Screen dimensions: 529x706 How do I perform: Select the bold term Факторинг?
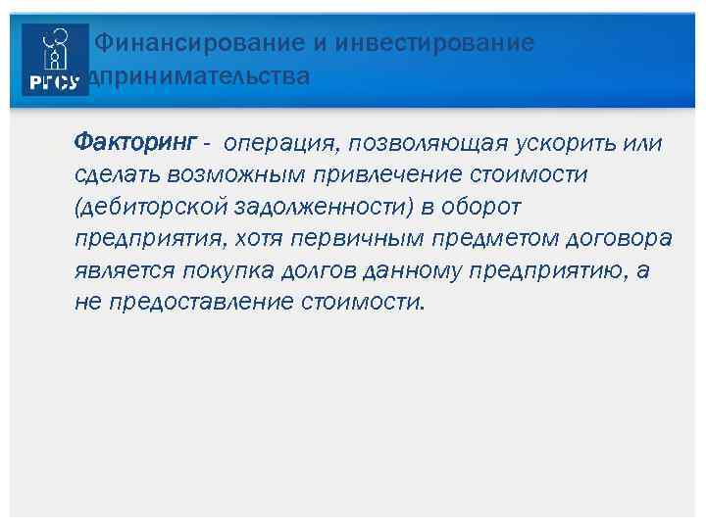(135, 144)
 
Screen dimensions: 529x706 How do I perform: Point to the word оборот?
(487, 207)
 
